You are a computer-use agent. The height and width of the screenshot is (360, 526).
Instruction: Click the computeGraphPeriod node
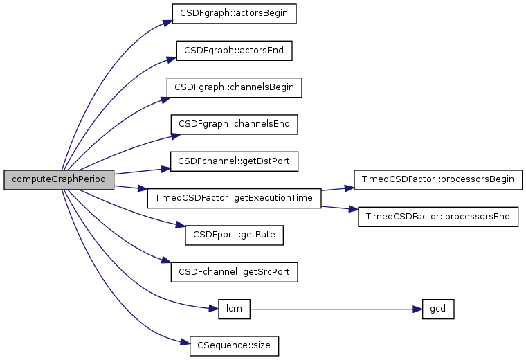click(x=59, y=179)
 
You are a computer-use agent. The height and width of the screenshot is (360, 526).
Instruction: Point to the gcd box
click(x=438, y=309)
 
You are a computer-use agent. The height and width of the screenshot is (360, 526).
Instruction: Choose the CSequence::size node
click(x=235, y=346)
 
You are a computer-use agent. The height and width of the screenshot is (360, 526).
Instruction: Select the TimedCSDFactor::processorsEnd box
click(x=438, y=217)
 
